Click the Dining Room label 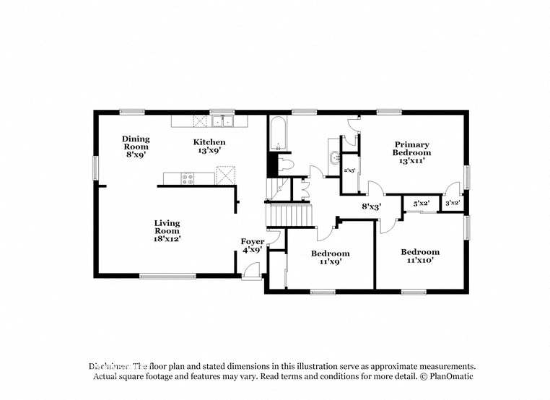click(135, 147)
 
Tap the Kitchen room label click(209, 147)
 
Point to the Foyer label click(252, 245)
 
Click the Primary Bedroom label click(411, 152)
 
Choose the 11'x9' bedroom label click(330, 258)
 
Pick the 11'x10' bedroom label click(420, 256)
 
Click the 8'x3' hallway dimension click(371, 206)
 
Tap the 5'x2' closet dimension click(422, 204)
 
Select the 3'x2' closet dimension click(453, 204)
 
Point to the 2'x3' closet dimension click(349, 170)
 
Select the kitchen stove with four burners click(188, 178)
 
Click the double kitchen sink click(223, 121)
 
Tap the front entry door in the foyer click(251, 270)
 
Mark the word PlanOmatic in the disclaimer click(449, 377)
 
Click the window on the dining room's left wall click(95, 167)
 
